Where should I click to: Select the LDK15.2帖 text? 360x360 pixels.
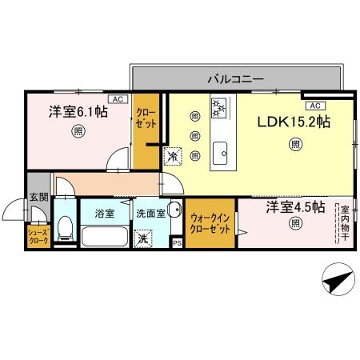pyautogui.click(x=293, y=125)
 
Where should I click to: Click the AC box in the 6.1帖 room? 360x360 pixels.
pyautogui.click(x=115, y=99)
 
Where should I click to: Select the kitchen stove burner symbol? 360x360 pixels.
pyautogui.click(x=219, y=107)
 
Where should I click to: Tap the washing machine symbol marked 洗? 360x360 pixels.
pyautogui.click(x=141, y=238)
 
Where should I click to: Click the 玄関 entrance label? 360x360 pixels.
pyautogui.click(x=39, y=196)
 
